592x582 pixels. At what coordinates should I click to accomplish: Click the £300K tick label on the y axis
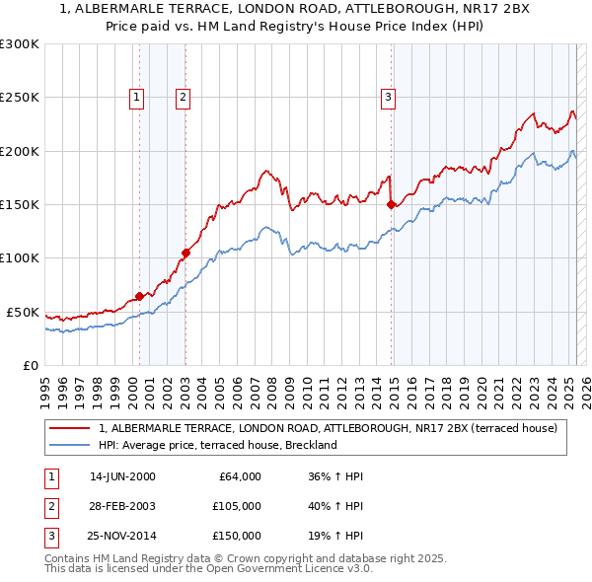pos(20,44)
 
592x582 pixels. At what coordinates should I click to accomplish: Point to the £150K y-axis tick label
pos(20,204)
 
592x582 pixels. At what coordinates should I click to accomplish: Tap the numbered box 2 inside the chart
pos(184,97)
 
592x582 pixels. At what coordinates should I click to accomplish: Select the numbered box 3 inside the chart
pos(389,97)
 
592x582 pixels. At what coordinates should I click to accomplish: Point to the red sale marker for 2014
pos(392,204)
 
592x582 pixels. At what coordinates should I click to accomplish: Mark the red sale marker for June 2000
pos(139,296)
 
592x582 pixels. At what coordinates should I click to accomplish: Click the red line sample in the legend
pos(69,428)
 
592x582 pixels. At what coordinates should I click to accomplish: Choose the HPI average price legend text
pos(218,445)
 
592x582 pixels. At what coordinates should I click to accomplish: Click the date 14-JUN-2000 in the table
pos(122,476)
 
